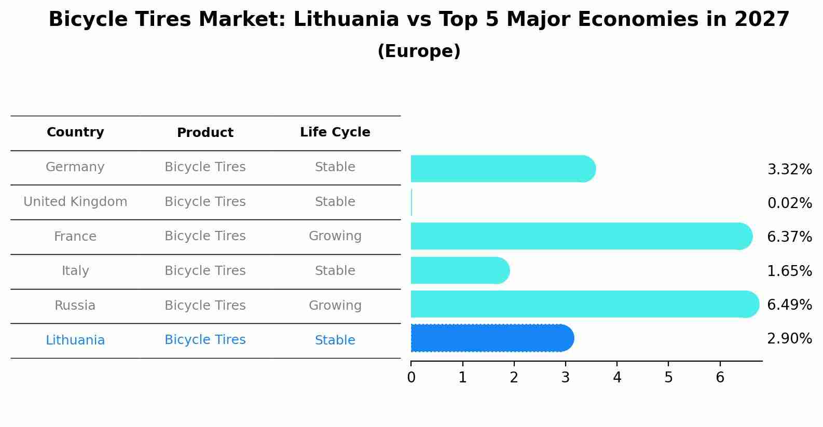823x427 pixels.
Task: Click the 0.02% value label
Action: (789, 203)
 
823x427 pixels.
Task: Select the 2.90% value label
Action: (789, 338)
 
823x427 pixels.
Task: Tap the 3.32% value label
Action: (789, 169)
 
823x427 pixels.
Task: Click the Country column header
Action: (75, 132)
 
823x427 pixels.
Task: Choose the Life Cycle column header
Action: (335, 132)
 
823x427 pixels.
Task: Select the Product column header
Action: (205, 133)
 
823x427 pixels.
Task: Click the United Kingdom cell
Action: (75, 202)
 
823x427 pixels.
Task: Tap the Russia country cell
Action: (75, 305)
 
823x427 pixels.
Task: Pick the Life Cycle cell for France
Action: (335, 236)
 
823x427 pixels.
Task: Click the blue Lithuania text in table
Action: (75, 340)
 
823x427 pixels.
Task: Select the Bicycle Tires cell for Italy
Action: (205, 270)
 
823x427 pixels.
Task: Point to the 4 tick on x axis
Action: (617, 377)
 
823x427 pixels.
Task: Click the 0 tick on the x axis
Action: (411, 377)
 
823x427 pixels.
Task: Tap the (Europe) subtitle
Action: (419, 51)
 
